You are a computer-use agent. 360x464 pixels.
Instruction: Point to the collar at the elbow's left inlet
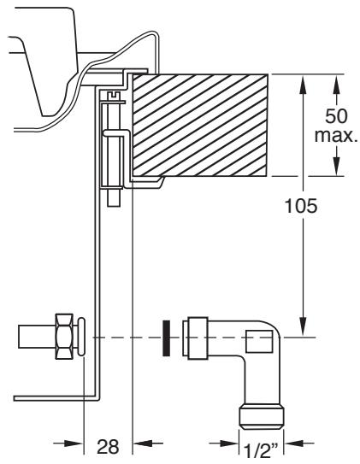(196, 338)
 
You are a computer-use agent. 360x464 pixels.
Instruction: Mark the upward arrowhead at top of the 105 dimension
(303, 81)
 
